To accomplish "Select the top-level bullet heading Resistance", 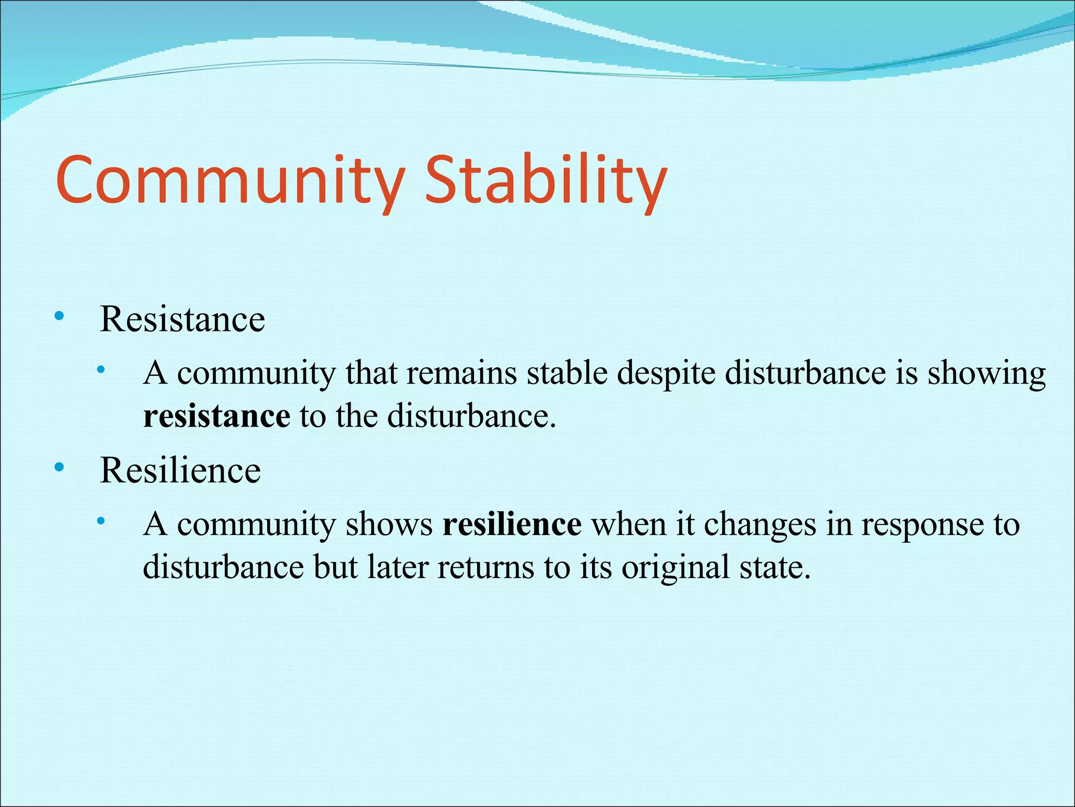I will pos(182,319).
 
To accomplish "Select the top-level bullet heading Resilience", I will pos(180,470).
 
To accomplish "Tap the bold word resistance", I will pos(216,416).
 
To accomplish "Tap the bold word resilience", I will pos(512,524).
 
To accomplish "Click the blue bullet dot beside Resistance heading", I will pos(59,316).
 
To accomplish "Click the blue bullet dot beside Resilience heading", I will pos(59,467).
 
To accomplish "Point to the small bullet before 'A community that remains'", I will pos(101,370).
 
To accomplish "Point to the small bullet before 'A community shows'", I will pos(101,521).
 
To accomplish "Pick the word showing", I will pos(986,374).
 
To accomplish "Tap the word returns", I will pos(486,567).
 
